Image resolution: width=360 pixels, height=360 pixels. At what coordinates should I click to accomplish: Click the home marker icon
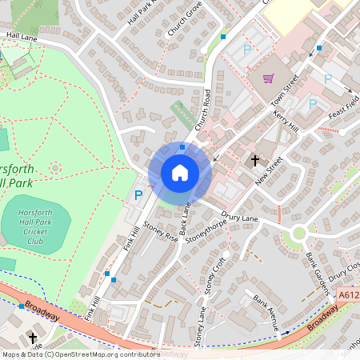pyautogui.click(x=180, y=172)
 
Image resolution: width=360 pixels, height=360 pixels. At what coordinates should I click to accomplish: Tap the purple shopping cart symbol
pyautogui.click(x=269, y=78)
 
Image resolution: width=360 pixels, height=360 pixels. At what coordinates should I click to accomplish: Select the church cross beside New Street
pyautogui.click(x=255, y=160)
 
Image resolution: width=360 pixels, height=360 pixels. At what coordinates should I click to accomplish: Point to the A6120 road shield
pyautogui.click(x=348, y=295)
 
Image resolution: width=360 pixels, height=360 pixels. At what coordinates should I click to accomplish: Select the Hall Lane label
pyautogui.click(x=21, y=36)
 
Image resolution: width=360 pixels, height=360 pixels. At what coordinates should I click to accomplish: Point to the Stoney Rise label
pyautogui.click(x=160, y=233)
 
